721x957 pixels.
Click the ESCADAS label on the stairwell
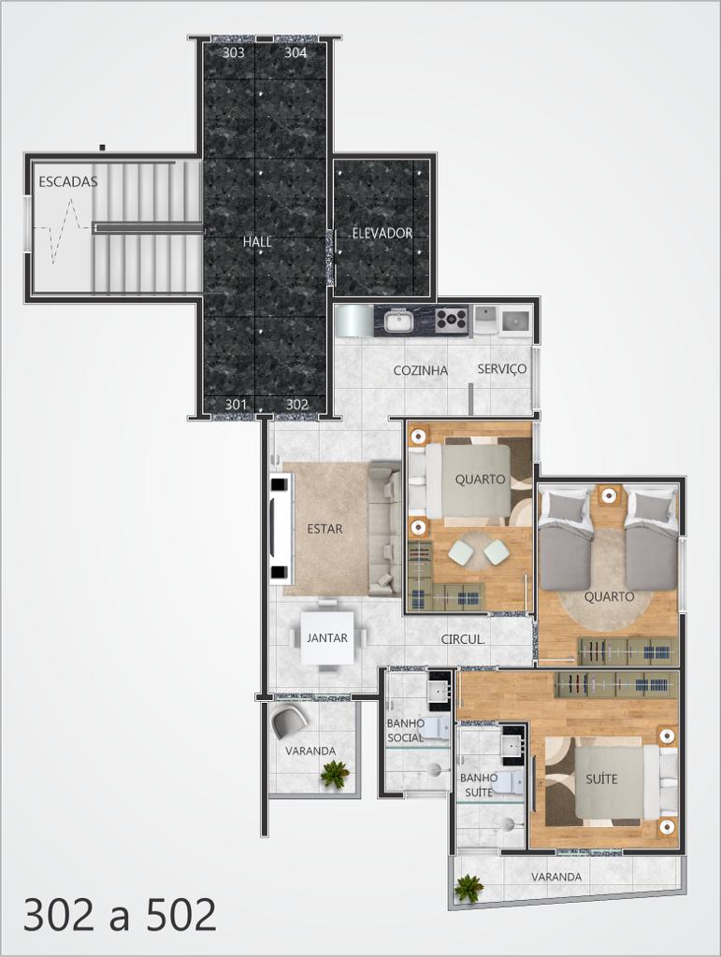point(67,181)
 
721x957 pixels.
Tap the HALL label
point(257,242)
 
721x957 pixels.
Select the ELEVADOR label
point(382,233)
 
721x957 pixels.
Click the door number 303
point(233,52)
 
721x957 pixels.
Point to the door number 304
point(296,52)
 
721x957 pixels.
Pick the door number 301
point(236,404)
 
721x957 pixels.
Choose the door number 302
point(296,404)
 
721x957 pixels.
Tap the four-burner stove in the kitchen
point(454,320)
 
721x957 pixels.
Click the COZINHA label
point(421,370)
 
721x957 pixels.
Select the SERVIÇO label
point(502,368)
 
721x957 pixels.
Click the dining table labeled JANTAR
point(327,637)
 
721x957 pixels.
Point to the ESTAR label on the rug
point(324,529)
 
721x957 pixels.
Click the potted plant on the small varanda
point(335,773)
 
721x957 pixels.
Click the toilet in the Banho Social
point(436,729)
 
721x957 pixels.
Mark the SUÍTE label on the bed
point(601,778)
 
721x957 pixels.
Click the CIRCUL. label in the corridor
point(464,639)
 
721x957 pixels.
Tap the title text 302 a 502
point(121,914)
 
